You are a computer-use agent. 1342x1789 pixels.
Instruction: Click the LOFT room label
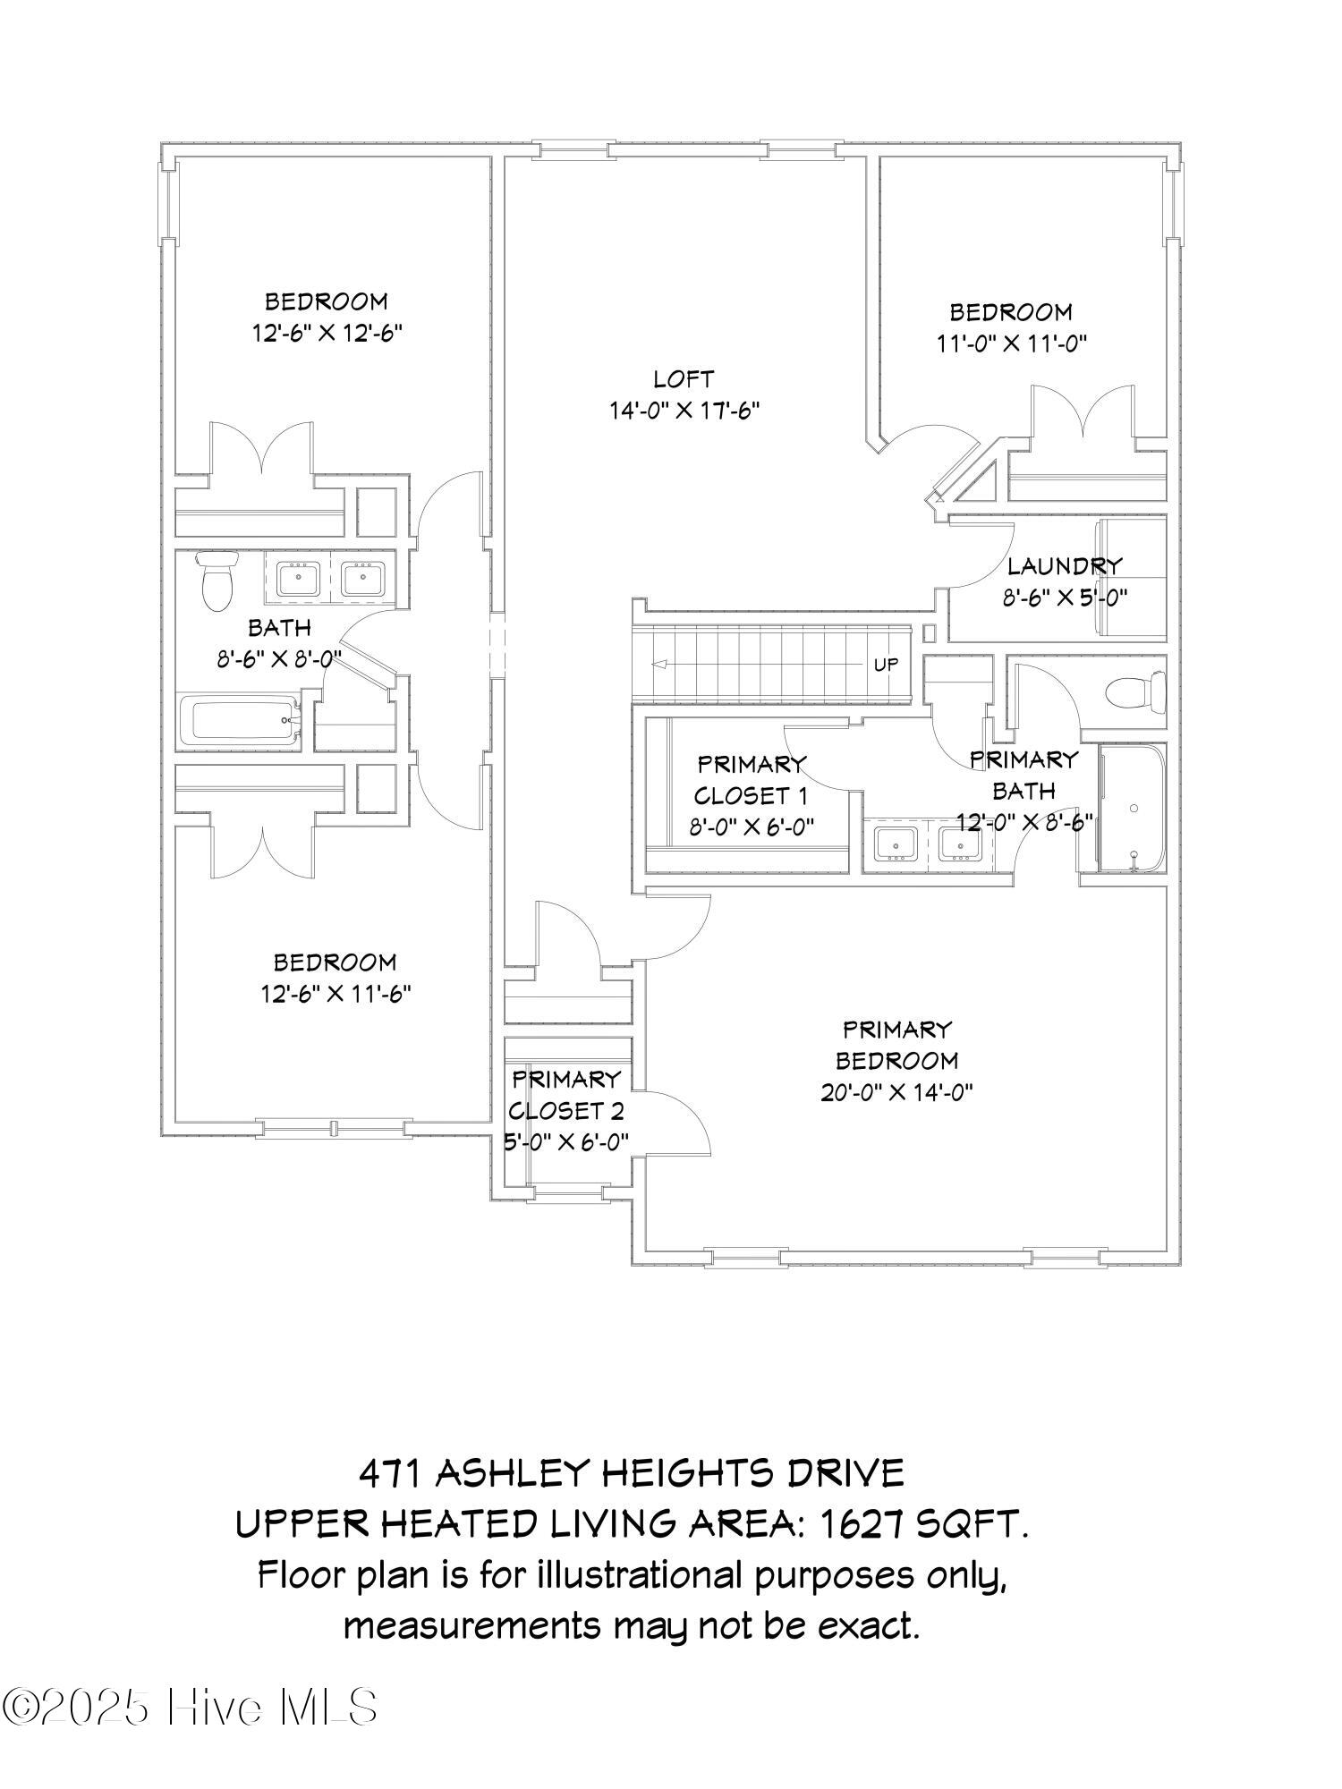pos(684,379)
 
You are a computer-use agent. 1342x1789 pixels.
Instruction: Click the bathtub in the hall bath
pos(241,721)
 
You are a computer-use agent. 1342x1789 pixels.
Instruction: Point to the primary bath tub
pos(1133,808)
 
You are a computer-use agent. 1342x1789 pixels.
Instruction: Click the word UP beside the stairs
pos(886,665)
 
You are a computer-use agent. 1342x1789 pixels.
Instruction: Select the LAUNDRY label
pos(1064,566)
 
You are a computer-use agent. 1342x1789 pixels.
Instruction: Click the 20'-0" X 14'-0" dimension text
pos(896,1092)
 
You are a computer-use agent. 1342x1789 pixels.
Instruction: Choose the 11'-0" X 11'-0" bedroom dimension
pos(1012,343)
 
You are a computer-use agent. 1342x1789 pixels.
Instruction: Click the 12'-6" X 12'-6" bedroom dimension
pos(327,333)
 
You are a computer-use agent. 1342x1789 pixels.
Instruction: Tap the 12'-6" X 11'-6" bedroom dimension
pos(335,994)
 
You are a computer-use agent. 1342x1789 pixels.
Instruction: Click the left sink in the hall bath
pos(297,579)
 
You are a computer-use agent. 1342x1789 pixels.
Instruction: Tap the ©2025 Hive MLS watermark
pos(190,1707)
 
